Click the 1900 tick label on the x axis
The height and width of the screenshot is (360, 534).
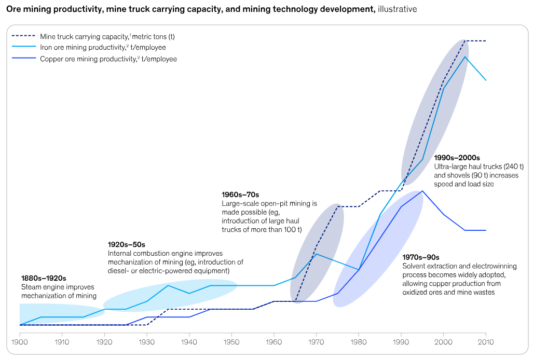pos(20,342)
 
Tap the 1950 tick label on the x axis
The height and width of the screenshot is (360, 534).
pos(232,342)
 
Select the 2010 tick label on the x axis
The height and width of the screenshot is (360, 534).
pos(486,342)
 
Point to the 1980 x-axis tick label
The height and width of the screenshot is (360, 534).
pos(359,342)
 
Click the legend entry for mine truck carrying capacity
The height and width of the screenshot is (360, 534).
pos(107,36)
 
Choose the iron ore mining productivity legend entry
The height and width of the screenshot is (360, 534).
pos(103,48)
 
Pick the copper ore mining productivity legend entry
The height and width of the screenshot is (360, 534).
pos(108,59)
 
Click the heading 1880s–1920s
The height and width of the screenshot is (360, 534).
pos(44,278)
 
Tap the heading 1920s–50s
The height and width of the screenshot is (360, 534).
pos(127,244)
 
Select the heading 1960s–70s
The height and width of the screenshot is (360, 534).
pos(240,195)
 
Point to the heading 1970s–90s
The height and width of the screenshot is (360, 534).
pos(421,257)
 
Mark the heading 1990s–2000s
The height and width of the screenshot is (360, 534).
pos(457,158)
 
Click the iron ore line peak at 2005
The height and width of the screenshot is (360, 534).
pos(465,57)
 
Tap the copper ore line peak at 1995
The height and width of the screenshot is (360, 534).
pos(423,191)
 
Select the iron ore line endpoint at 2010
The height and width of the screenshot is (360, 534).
pos(486,80)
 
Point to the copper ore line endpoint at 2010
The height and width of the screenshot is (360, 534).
pos(486,230)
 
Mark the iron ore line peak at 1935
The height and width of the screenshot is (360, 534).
pos(168,285)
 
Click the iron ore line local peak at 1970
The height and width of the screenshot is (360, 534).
pos(317,254)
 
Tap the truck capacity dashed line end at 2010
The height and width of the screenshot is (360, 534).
pos(486,40)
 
